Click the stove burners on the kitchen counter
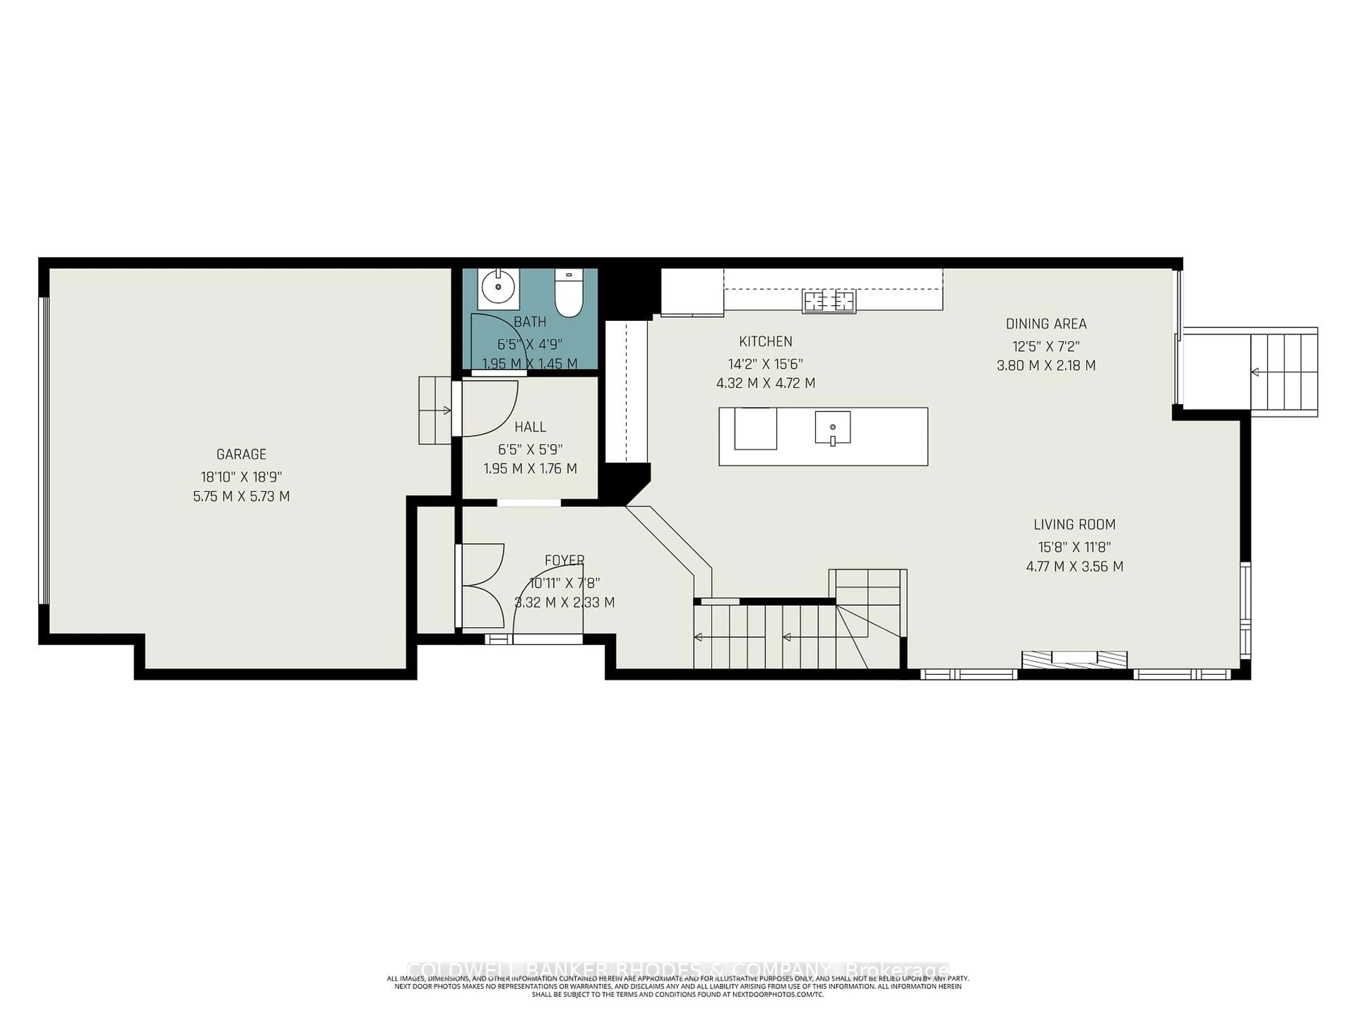tap(829, 301)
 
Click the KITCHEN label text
tap(765, 341)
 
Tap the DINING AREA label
tap(1046, 324)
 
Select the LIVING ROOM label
tap(1074, 524)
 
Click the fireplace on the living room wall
tap(1074, 659)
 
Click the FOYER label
tap(564, 560)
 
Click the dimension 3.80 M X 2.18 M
tap(1046, 366)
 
